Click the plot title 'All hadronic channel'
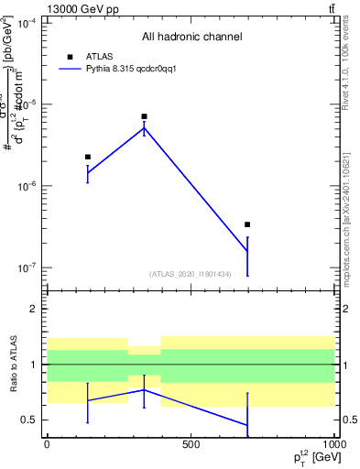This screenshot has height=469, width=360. pos(191,37)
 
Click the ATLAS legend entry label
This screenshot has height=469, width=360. pos(98,56)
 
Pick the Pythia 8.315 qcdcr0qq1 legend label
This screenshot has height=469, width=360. pos(131,69)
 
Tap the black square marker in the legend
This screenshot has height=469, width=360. pos(71,56)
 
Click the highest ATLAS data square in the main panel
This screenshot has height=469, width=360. pos(145,117)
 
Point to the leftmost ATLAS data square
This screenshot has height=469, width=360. pos(88,157)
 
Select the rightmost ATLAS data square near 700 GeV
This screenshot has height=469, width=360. pos(247,224)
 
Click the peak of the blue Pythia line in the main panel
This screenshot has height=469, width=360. pos(145,128)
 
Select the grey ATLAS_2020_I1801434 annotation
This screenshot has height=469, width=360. pos(190,274)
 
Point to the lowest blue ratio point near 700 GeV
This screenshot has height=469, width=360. pos(247,425)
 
